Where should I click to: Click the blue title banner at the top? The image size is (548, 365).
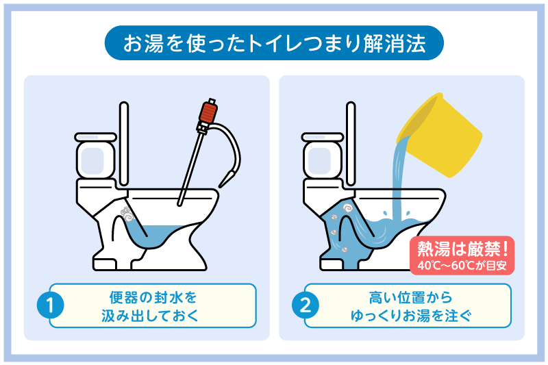[x=274, y=43]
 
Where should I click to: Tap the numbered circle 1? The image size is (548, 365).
[x=50, y=305]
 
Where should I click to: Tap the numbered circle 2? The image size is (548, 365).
[x=306, y=305]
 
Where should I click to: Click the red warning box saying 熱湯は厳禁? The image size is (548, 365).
[x=462, y=255]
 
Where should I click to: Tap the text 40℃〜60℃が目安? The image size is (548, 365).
[x=462, y=266]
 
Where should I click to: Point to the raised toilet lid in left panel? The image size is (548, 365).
[x=124, y=144]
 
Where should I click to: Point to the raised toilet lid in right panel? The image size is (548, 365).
[x=351, y=144]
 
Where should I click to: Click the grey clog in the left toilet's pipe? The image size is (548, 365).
[x=127, y=214]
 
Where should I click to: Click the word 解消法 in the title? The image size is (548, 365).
[x=395, y=44]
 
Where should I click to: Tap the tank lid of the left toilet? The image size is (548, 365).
[x=95, y=137]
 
